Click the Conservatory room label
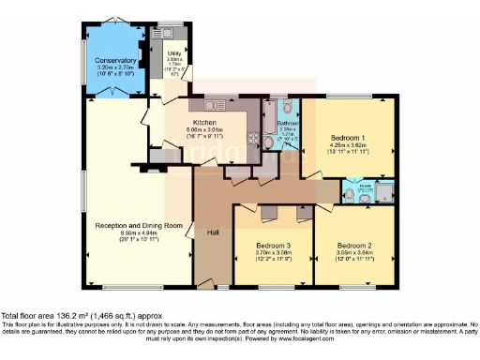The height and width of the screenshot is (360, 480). (115, 61)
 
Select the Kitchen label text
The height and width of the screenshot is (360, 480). (205, 123)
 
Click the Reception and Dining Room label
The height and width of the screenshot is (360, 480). (138, 225)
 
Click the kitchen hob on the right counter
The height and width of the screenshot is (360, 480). (253, 137)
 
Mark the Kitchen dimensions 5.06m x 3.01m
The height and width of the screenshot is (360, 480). (205, 131)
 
